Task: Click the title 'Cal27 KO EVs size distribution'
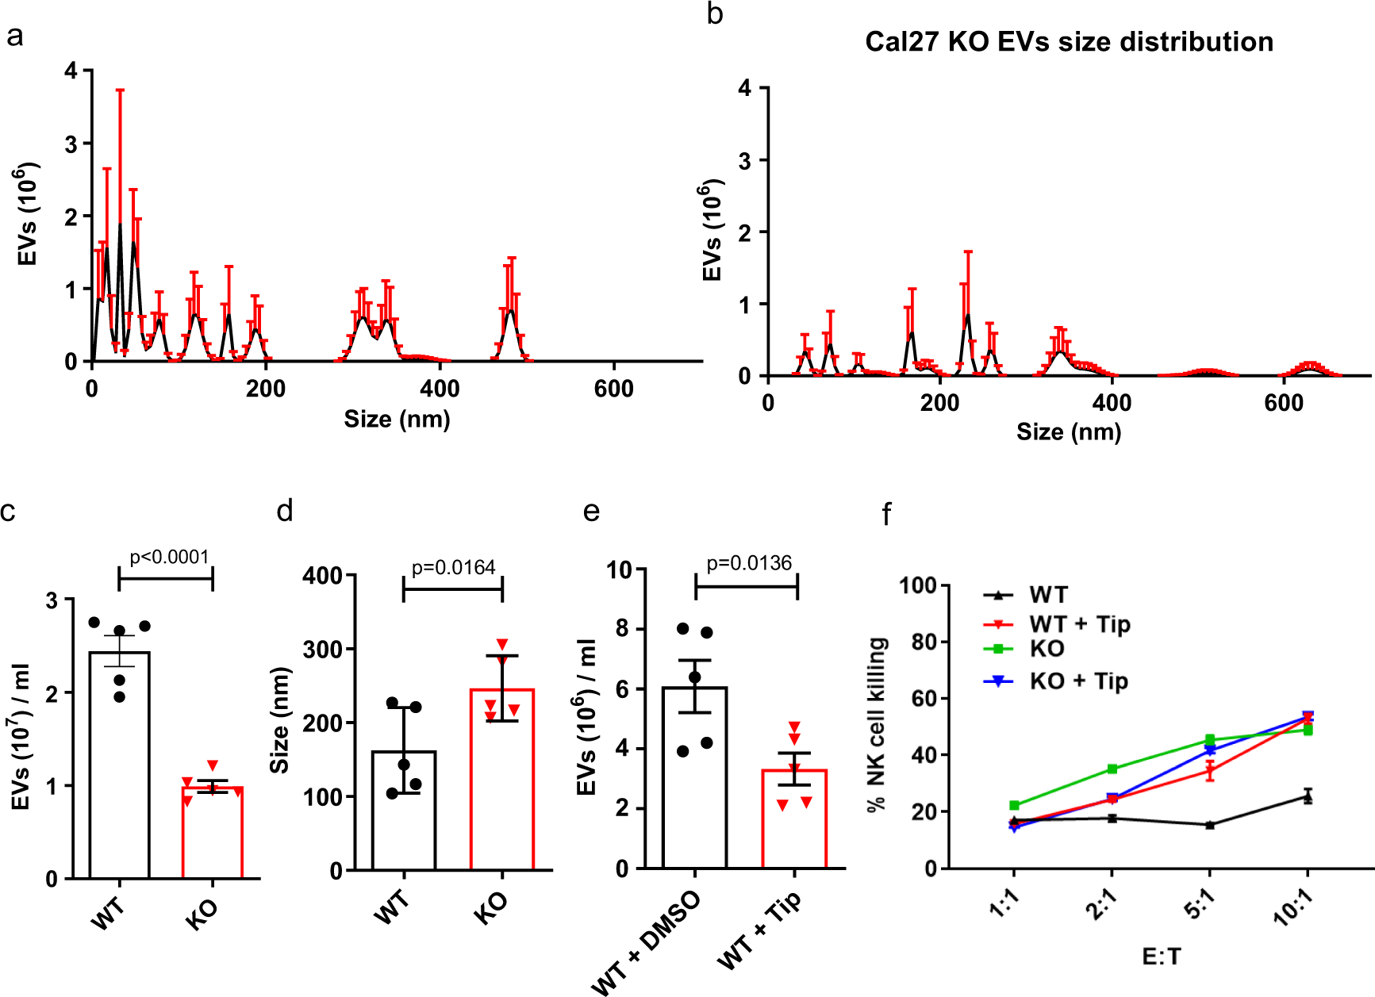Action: tap(1069, 42)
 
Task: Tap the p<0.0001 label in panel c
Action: tap(169, 557)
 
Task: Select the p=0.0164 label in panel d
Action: tap(453, 567)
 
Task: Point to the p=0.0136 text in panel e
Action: tap(749, 563)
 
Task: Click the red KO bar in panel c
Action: tap(212, 833)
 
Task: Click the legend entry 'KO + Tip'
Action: tap(1078, 681)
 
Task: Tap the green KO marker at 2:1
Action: tap(1112, 769)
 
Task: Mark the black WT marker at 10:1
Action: tap(1308, 796)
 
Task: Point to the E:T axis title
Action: tap(1161, 957)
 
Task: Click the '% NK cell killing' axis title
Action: tap(877, 724)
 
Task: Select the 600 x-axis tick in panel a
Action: tap(613, 389)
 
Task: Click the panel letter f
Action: tap(886, 514)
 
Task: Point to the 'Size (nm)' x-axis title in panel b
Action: tap(1069, 432)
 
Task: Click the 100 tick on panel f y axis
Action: tap(918, 586)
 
